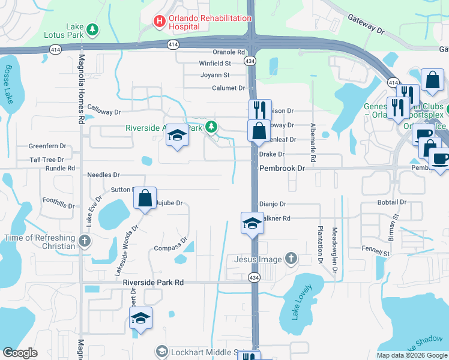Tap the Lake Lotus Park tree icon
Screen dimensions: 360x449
click(92, 29)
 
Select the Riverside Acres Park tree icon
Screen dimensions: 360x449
click(211, 127)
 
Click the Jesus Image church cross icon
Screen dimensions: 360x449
click(291, 259)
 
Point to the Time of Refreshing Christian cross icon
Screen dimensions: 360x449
click(85, 242)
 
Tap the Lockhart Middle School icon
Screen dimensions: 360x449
click(161, 351)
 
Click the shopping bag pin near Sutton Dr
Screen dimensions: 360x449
click(145, 198)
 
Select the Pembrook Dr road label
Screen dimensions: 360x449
click(282, 169)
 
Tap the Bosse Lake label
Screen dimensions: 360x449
click(10, 84)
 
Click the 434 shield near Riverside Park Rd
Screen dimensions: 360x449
click(255, 277)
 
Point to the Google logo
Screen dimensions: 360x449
click(20, 353)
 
